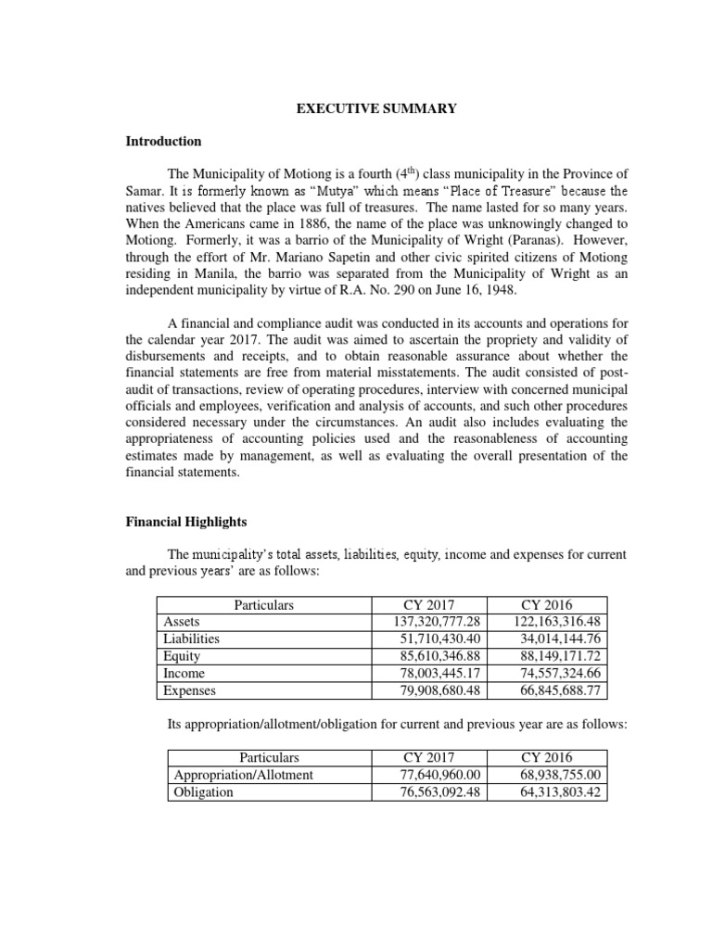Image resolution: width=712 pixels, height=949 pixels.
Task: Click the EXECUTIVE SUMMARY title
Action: coord(376,109)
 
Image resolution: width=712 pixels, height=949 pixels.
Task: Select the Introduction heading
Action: coord(163,142)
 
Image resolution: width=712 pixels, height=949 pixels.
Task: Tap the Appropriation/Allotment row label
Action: coord(243,775)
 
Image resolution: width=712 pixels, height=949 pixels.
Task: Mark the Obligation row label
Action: coord(203,792)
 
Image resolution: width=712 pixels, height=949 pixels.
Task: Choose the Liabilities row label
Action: coord(190,639)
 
